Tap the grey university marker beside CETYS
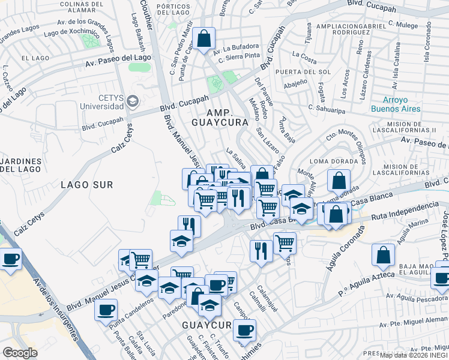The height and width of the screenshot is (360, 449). point(133,101)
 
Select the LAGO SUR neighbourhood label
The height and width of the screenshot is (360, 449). point(86,185)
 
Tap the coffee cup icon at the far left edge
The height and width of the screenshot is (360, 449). point(10,259)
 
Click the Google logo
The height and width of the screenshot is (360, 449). point(20,353)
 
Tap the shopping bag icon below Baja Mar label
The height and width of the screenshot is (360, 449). point(383,254)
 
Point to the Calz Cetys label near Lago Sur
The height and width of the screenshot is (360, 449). point(29,226)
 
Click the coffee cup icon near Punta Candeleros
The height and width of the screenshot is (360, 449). point(106,310)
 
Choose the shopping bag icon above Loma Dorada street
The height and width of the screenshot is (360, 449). point(339,180)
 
